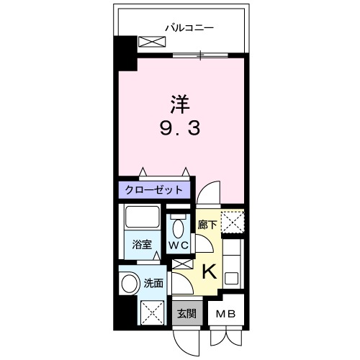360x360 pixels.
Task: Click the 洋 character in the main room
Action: (x=180, y=104)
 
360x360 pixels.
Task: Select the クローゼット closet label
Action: (x=155, y=190)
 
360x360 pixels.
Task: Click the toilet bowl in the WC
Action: (x=179, y=229)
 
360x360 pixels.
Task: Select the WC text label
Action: (x=179, y=246)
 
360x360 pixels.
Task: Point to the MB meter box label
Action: (x=226, y=314)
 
